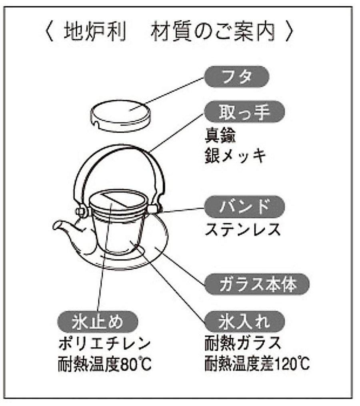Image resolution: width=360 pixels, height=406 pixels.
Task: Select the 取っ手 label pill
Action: [x=244, y=113]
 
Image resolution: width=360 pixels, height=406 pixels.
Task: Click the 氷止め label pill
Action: [x=97, y=321]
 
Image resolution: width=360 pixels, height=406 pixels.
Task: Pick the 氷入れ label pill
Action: [x=244, y=321]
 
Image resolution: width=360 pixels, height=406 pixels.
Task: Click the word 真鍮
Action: [x=220, y=136]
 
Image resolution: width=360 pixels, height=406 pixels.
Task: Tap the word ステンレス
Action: [x=242, y=229]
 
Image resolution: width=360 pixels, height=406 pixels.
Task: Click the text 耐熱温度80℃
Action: [x=105, y=364]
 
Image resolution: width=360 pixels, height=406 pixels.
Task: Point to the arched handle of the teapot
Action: [x=120, y=160]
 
